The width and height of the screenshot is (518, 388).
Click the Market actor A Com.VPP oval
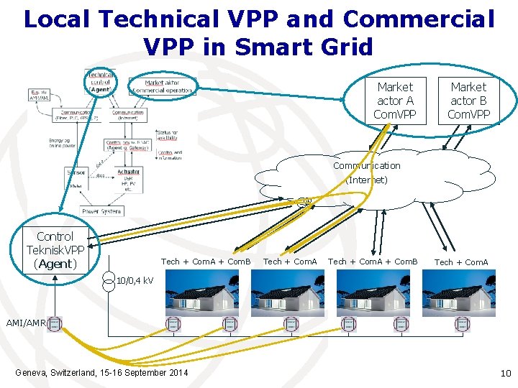click(x=394, y=101)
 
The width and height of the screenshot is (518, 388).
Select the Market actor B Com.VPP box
click(x=468, y=101)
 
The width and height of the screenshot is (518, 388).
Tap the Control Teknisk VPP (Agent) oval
click(x=55, y=250)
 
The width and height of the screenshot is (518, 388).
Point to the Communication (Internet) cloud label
click(x=366, y=173)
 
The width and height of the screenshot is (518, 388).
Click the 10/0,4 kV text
click(x=134, y=280)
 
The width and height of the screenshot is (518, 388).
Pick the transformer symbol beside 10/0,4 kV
click(x=108, y=280)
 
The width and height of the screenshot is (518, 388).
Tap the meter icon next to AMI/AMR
click(x=55, y=325)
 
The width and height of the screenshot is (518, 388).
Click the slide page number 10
click(x=504, y=372)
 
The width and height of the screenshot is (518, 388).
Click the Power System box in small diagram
click(x=101, y=211)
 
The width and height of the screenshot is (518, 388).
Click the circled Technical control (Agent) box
click(x=100, y=83)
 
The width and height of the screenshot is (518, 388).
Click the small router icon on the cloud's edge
click(x=305, y=202)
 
